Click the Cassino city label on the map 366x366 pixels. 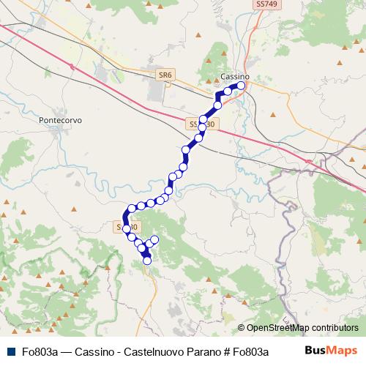pos(234,77)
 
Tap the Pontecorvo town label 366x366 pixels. pos(62,118)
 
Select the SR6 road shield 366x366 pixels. pos(165,75)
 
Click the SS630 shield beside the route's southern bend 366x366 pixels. pos(125,228)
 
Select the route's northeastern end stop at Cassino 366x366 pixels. pos(240,86)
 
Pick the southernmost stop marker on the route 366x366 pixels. pos(147,260)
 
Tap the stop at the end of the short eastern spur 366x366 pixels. pos(154,240)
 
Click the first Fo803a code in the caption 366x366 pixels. pos(38,352)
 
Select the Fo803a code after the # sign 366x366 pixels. pos(252,352)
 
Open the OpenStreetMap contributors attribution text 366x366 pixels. pos(302,328)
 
